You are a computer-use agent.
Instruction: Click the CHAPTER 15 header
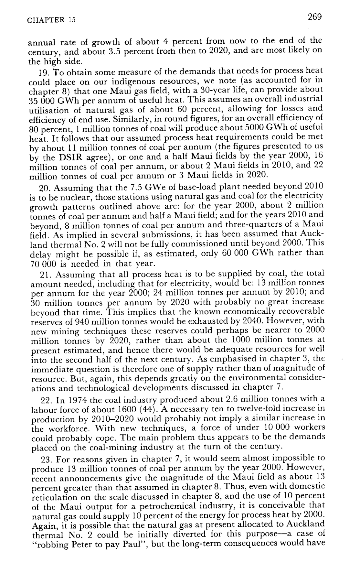51,20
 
